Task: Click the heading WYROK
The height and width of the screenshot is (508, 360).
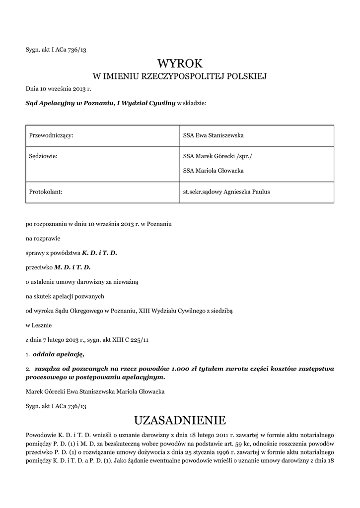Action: coord(180,63)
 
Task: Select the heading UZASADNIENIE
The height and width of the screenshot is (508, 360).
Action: coord(180,421)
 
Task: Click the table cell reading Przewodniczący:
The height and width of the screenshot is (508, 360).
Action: coord(52,135)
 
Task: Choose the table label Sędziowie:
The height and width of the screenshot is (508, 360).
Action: coord(44,156)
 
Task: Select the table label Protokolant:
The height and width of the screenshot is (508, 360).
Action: coord(46,191)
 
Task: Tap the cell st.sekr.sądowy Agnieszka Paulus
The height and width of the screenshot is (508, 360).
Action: coord(226,191)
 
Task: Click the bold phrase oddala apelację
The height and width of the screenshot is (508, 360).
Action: coord(58,354)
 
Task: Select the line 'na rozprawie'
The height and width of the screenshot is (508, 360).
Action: coord(43,238)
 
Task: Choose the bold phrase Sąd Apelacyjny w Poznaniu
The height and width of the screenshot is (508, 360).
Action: coord(69,103)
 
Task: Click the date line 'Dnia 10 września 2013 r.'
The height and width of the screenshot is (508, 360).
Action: coord(59,89)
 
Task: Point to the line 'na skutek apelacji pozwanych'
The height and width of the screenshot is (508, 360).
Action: coord(64,296)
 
